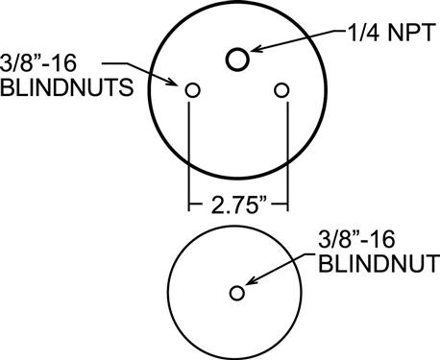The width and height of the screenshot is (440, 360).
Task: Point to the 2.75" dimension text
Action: click(239, 205)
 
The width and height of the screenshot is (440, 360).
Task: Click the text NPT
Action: click(412, 33)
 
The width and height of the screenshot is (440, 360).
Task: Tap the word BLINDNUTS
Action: click(66, 87)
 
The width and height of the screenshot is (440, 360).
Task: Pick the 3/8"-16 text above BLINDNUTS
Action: click(38, 63)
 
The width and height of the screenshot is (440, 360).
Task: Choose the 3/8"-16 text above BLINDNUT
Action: click(356, 239)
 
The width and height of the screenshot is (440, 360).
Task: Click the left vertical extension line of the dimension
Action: click(189, 156)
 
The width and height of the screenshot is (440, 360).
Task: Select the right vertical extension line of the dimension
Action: click(287, 156)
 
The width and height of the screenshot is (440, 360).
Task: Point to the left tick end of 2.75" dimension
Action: click(189, 204)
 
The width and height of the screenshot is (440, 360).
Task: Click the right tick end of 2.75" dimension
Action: click(287, 204)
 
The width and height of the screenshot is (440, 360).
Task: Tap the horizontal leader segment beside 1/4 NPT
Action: click(339, 32)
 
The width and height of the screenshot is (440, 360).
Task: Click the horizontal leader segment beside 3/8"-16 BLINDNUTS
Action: click(115, 63)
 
